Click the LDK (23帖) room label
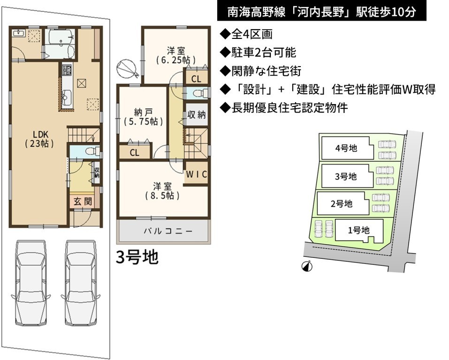pos(39,139)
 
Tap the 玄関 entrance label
pos(83,202)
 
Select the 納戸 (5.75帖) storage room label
pos(143,117)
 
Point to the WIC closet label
pos(197,174)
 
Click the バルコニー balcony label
pos(168,231)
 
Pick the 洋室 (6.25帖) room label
pos(176,55)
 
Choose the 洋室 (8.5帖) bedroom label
pos(162,191)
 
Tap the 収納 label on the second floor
pos(197,114)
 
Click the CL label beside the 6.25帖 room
pos(196,79)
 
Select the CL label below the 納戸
pos(134,152)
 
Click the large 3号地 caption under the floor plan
pos(137,257)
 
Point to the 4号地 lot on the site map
pos(346,148)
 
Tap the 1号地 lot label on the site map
pos(358,230)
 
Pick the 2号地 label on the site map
pos(342,204)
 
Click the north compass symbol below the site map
pos(307,266)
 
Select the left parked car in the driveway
pos(30,283)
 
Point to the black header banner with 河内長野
pos(321,11)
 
